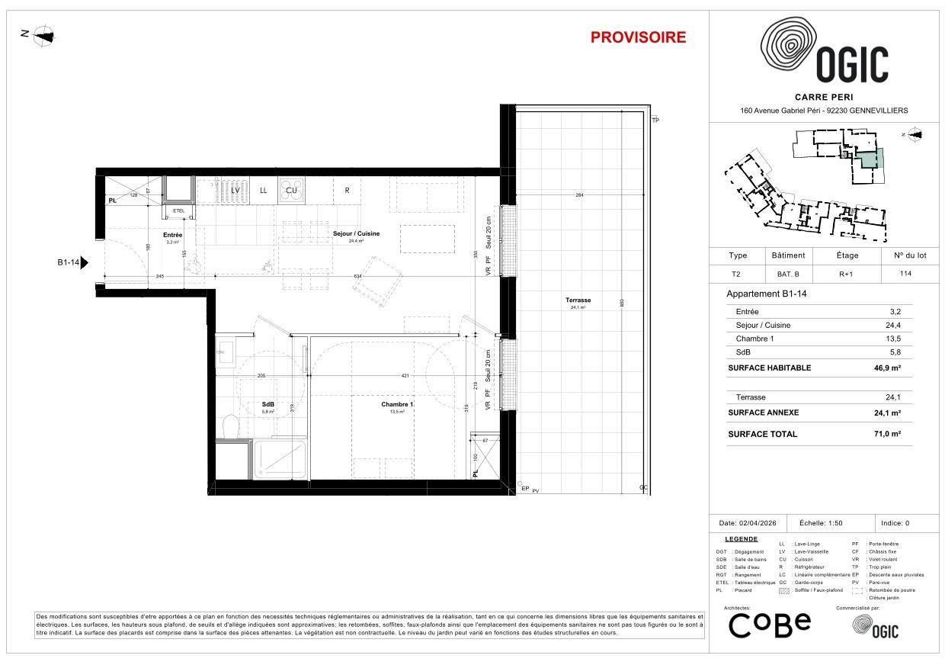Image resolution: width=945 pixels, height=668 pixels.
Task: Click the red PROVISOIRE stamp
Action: click(x=638, y=37)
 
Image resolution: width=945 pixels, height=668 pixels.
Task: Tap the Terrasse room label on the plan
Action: click(x=578, y=300)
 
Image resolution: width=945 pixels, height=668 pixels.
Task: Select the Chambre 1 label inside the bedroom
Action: click(x=397, y=404)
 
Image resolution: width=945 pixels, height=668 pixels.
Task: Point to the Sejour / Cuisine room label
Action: click(x=356, y=233)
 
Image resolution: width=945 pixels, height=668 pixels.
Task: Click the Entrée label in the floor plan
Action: click(x=172, y=235)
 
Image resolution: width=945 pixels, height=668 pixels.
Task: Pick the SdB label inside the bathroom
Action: click(x=267, y=404)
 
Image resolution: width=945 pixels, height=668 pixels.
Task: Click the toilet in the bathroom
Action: click(x=229, y=426)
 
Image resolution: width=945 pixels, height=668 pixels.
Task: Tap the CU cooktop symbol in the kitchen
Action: click(x=291, y=190)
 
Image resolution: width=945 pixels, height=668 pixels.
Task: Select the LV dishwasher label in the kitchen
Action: click(x=235, y=190)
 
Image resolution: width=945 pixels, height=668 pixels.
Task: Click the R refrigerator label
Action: click(x=347, y=190)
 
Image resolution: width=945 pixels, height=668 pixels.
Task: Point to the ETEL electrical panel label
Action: click(x=179, y=210)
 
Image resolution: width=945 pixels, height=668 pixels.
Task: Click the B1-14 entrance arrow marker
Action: click(x=84, y=263)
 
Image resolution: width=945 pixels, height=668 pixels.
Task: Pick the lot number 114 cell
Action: click(x=905, y=274)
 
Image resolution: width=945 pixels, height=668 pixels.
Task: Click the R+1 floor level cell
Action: click(x=847, y=274)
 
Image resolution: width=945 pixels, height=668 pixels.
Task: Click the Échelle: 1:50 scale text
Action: click(x=826, y=524)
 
